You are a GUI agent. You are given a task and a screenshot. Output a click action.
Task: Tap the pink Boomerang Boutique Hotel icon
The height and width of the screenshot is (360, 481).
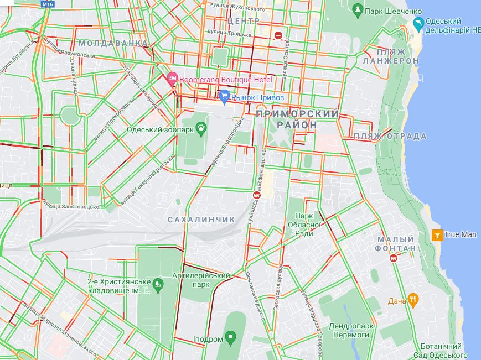pos(172,80)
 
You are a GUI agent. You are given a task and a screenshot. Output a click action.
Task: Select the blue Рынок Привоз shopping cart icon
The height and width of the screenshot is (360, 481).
pos(224,97)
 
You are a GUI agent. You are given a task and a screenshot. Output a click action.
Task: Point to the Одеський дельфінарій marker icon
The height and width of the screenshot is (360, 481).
pos(418,24)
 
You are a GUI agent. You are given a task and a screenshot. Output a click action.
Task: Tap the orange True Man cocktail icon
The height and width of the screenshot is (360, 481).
pos(437,234)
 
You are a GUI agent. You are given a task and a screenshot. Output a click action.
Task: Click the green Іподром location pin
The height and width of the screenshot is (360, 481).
pos(231,338)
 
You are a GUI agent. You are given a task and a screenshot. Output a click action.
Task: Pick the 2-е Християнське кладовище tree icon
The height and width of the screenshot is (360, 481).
pos(158,285)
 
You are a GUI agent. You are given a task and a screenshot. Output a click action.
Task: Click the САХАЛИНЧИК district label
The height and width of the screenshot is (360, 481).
pos(201,220)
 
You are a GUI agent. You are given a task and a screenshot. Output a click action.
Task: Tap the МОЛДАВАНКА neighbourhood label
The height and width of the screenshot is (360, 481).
pos(113,43)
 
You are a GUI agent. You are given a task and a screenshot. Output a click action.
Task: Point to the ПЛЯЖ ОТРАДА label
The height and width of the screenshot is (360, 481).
pos(390,136)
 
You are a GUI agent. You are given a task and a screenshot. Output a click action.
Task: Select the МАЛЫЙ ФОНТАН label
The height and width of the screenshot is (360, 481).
pos(396,244)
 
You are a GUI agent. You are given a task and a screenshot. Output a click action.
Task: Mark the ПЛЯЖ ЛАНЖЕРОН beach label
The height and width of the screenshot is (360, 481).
pos(391,56)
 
